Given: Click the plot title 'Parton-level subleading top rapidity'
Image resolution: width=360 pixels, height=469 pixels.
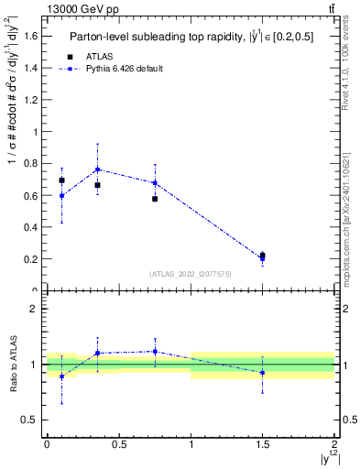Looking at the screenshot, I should pyautogui.click(x=154, y=38).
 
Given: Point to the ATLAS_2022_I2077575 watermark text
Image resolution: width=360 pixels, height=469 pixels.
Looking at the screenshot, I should pyautogui.click(x=190, y=273).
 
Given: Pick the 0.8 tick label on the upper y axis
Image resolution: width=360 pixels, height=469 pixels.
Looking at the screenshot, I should pyautogui.click(x=31, y=163).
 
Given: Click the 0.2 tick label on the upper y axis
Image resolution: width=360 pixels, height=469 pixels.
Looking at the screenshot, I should pyautogui.click(x=31, y=259).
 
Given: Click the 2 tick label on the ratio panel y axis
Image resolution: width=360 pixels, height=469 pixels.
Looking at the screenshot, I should pyautogui.click(x=34, y=309).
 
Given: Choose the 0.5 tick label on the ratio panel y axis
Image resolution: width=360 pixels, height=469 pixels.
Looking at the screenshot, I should pyautogui.click(x=31, y=420).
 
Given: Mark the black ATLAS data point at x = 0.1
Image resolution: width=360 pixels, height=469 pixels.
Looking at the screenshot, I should pyautogui.click(x=61, y=180).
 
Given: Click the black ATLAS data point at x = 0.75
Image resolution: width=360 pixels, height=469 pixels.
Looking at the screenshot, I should pyautogui.click(x=155, y=199).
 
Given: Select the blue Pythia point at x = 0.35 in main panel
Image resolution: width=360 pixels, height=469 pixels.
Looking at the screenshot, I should pyautogui.click(x=97, y=169).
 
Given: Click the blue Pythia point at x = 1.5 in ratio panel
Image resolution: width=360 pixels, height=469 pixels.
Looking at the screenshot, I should pyautogui.click(x=263, y=373).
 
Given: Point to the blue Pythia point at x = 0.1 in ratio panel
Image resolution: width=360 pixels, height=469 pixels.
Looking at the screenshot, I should pyautogui.click(x=61, y=376).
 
